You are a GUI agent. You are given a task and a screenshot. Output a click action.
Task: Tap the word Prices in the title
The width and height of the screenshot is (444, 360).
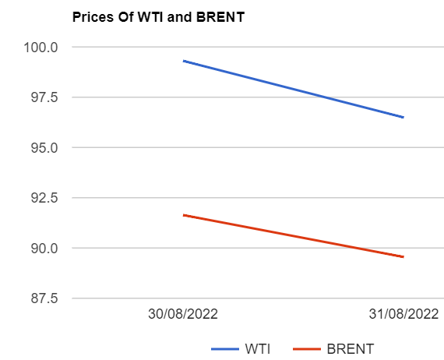[90, 17]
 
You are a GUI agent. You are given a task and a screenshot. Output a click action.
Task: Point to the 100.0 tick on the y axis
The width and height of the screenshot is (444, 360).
[43, 47]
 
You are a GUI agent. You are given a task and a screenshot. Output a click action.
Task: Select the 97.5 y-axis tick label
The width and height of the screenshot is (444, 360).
[44, 97]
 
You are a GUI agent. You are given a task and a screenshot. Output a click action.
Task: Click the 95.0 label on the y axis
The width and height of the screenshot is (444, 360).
[44, 147]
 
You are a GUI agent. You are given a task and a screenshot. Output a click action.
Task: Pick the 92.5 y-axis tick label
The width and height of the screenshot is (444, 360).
[44, 198]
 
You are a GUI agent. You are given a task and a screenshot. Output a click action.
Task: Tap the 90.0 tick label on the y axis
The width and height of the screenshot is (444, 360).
[44, 248]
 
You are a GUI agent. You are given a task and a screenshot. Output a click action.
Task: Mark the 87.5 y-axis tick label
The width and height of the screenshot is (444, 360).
[44, 298]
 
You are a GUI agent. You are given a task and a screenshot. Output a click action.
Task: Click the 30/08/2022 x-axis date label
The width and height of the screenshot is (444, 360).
[183, 316]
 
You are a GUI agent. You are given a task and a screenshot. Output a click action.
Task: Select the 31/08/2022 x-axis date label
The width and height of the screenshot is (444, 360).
[403, 316]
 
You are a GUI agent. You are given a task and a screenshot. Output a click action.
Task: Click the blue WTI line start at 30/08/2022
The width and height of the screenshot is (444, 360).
[184, 61]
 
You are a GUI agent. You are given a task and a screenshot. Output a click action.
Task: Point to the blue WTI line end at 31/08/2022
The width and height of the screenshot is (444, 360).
[403, 117]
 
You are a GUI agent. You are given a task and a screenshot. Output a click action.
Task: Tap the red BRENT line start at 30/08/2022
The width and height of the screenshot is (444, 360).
[184, 215]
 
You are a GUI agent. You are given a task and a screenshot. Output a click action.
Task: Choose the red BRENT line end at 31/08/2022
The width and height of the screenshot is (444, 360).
[403, 256]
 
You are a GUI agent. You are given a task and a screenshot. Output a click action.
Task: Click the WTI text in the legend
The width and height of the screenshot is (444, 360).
[259, 348]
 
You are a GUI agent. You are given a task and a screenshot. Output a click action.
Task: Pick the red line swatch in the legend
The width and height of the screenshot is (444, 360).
[308, 348]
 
